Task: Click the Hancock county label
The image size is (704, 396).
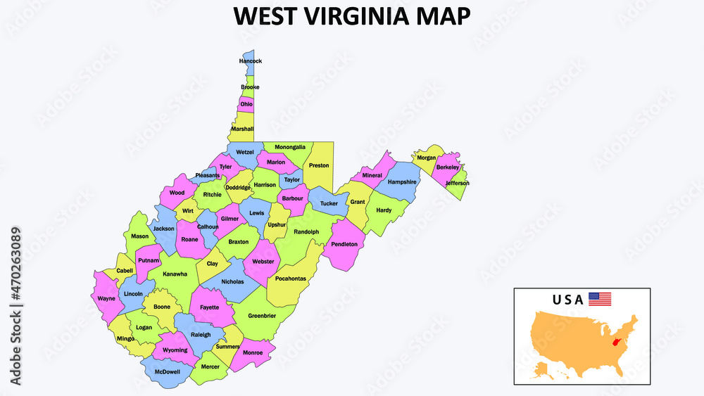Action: pos(250,61)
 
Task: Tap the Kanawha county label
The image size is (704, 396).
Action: pos(175,274)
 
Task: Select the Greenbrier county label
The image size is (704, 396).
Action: pos(262,316)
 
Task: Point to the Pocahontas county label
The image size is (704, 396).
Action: pos(291,279)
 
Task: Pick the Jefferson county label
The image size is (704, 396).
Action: pos(457,183)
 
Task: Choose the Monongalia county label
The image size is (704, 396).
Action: pos(290,147)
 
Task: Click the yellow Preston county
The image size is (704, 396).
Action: pos(319,165)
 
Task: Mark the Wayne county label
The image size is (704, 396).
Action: pos(106,298)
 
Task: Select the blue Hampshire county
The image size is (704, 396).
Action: pos(402,181)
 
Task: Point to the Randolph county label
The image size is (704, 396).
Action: pos(306,231)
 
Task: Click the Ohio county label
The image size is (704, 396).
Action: pos(246,104)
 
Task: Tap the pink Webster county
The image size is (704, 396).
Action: pos(263,262)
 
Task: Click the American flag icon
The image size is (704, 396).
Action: pos(600,299)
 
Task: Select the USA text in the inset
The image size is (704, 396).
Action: pos(567,300)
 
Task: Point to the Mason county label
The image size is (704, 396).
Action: pos(139,236)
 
